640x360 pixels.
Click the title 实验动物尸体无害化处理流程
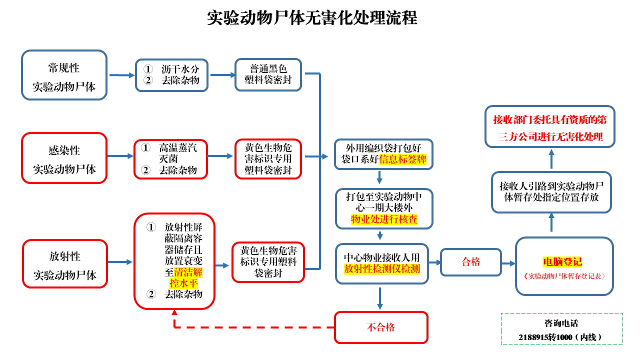[x=312, y=18]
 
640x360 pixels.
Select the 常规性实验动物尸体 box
[x=64, y=75]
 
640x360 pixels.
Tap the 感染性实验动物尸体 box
[x=64, y=158]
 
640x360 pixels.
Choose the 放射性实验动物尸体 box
[x=65, y=264]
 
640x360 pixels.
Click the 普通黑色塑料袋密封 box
[x=268, y=74]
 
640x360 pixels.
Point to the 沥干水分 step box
[x=171, y=74]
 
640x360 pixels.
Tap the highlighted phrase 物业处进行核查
[x=384, y=219]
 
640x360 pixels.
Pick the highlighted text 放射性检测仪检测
[x=382, y=269]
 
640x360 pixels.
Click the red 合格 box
[x=470, y=262]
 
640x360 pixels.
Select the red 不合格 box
[x=381, y=327]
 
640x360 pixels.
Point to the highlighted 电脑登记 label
[x=562, y=262]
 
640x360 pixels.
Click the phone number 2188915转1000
[x=561, y=337]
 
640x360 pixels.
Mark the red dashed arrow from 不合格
[x=250, y=327]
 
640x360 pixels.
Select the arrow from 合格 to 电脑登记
[x=508, y=263]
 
